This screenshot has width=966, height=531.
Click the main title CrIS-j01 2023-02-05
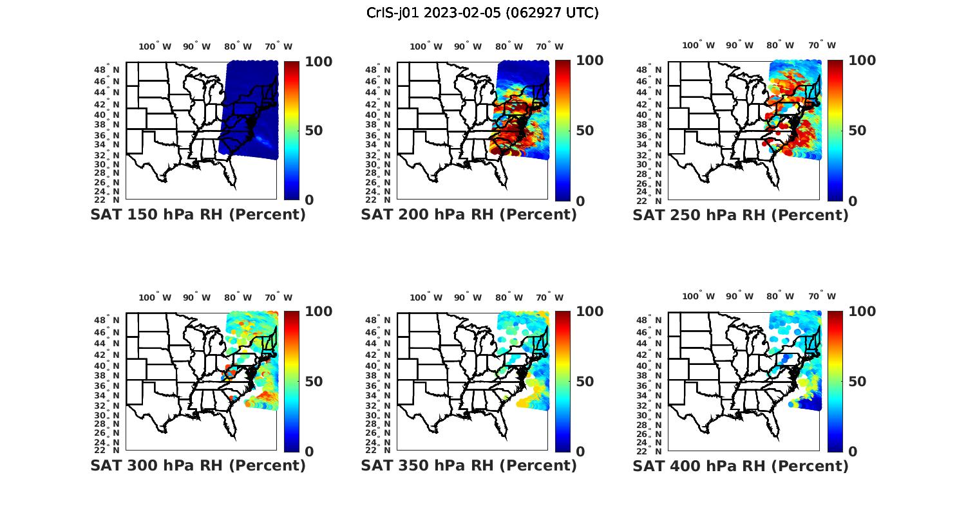[x=482, y=13]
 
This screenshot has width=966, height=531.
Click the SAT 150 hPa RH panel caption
[x=198, y=215]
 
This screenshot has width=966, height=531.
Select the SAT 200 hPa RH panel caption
[x=469, y=215]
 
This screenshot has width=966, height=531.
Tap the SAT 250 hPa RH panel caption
[x=741, y=215]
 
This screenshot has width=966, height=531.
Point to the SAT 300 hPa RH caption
[x=198, y=465]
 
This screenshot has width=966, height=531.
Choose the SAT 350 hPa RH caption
[x=469, y=465]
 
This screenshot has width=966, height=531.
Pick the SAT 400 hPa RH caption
[x=741, y=465]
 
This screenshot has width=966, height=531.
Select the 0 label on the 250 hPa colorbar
[x=853, y=201]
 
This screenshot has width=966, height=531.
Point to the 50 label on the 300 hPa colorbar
[x=314, y=382]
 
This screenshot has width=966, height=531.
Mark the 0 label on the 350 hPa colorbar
[x=580, y=452]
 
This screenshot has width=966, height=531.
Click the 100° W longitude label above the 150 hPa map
[x=155, y=46]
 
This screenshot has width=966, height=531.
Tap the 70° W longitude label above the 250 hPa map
[x=822, y=45]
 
